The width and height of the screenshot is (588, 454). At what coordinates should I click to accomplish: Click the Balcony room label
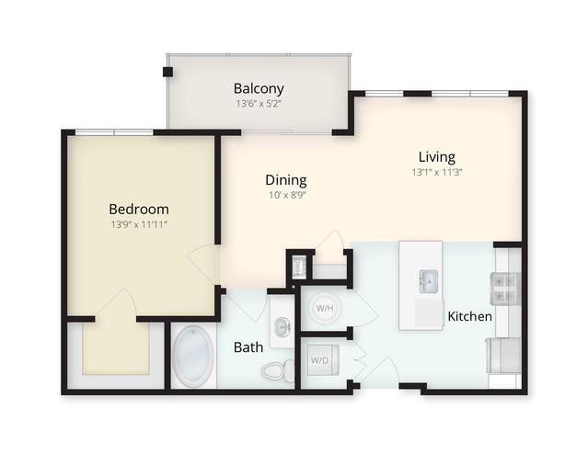point(259,88)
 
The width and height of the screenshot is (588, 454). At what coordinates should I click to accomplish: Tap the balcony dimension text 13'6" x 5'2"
point(259,104)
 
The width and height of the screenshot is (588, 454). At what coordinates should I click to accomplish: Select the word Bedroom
point(139,209)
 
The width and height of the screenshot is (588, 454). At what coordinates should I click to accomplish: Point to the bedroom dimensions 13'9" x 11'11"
point(139,225)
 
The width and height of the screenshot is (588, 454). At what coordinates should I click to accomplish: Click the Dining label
point(286,180)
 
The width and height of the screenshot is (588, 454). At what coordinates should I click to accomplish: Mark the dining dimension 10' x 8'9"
point(288,195)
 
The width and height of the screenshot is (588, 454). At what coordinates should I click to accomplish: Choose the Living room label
point(437,157)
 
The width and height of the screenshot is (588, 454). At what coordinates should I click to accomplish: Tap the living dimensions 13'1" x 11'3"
point(437,172)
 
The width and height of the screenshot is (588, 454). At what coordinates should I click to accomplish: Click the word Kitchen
point(470,316)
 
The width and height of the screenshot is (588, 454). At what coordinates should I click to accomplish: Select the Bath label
point(248,347)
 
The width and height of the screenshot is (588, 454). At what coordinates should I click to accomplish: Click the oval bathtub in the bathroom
point(194,357)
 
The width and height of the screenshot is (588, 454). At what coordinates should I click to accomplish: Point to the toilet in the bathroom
point(279,370)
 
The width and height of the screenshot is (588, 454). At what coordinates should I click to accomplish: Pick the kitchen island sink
point(429,281)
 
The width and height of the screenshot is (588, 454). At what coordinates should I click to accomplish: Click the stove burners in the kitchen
point(505,288)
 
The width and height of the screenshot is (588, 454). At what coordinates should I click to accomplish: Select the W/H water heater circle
point(325,308)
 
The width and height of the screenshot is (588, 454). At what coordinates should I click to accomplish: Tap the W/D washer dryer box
point(323,360)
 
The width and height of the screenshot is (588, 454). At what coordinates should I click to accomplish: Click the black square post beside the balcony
point(167,72)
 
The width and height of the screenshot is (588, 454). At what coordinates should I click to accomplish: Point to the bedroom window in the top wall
point(114,132)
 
